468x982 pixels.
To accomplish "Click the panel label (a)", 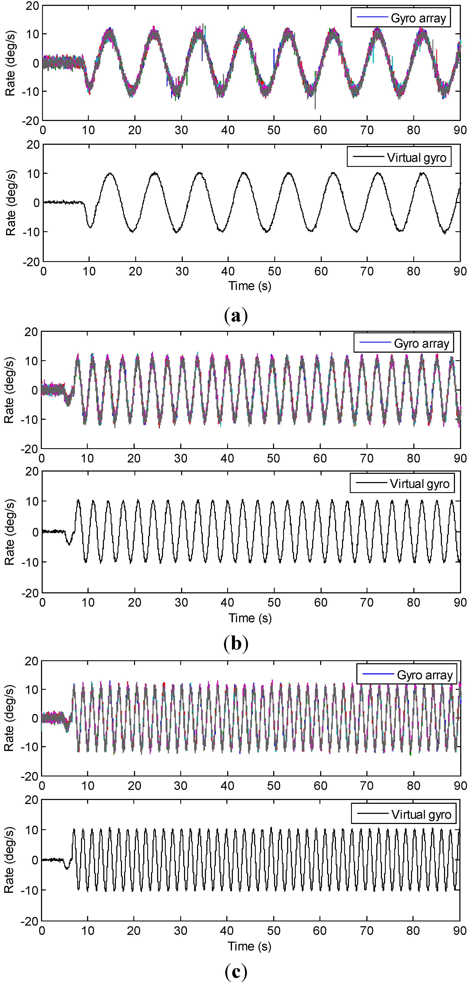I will tap(236, 316).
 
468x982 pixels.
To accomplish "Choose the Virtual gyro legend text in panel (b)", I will tap(419, 484).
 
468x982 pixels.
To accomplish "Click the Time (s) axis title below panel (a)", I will tap(250, 286).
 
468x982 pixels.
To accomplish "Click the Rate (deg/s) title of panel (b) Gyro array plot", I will tap(9, 390).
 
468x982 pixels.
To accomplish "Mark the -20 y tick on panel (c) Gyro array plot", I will tap(32, 776).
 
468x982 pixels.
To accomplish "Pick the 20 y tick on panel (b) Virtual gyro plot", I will tap(32, 472).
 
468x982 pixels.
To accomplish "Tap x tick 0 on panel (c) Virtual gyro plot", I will tap(42, 930).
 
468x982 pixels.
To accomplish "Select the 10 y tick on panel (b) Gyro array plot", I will tap(32, 361).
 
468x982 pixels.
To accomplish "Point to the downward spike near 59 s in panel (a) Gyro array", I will tap(315, 107).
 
